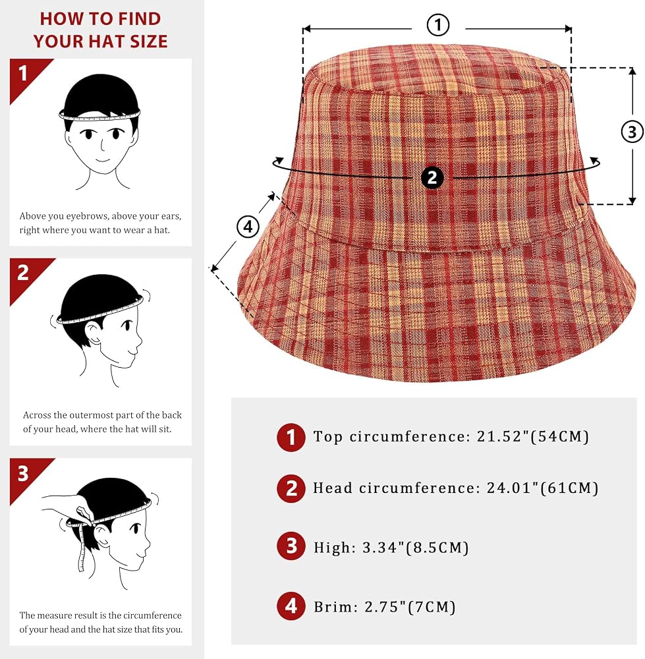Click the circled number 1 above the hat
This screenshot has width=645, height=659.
pyautogui.click(x=438, y=25)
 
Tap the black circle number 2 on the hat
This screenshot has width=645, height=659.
pyautogui.click(x=432, y=177)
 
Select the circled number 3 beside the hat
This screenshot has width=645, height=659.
pyautogui.click(x=632, y=132)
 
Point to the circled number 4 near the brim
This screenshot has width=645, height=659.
pyautogui.click(x=248, y=227)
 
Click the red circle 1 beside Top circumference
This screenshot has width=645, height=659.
pyautogui.click(x=291, y=437)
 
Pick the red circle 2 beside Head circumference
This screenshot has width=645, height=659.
pyautogui.click(x=291, y=488)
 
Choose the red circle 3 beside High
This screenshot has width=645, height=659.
pyautogui.click(x=291, y=546)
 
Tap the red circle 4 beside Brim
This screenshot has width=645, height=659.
pyautogui.click(x=291, y=606)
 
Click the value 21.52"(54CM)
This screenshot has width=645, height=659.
pyautogui.click(x=533, y=437)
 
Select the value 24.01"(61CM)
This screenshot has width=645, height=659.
pyautogui.click(x=542, y=488)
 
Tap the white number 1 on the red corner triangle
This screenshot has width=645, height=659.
pyautogui.click(x=22, y=73)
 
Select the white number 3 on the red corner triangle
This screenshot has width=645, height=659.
pyautogui.click(x=23, y=473)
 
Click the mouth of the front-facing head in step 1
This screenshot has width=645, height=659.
pyautogui.click(x=103, y=159)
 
